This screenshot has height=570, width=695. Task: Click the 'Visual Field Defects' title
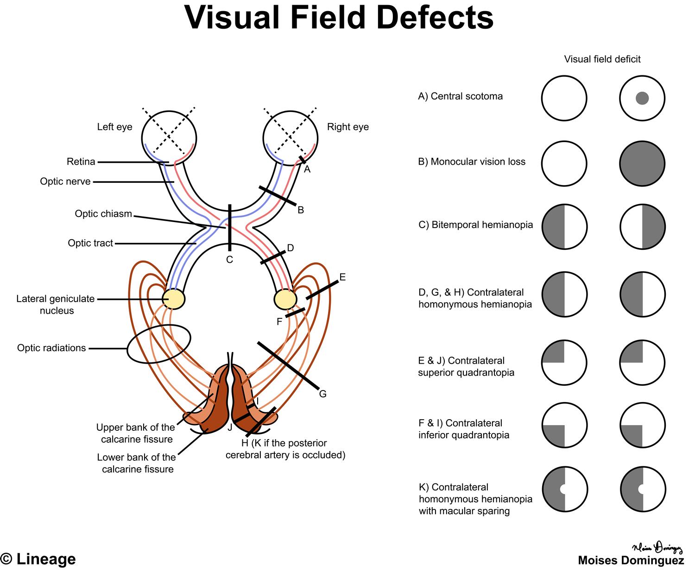coord(339,19)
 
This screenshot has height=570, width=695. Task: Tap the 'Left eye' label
coord(114,127)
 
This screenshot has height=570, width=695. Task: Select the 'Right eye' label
coord(347,127)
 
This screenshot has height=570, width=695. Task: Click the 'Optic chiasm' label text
coord(103,214)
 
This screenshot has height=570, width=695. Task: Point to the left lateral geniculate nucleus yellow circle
coord(174,299)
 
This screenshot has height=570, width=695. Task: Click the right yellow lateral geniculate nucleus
coord(285,299)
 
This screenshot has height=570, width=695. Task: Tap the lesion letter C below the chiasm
coord(229,260)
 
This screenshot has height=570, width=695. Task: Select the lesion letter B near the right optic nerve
coord(301,210)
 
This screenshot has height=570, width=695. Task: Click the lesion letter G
coord(322,394)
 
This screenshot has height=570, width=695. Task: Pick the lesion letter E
coord(342,277)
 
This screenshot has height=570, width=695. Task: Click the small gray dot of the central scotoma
coord(642,98)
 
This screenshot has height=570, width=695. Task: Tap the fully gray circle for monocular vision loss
coord(642,164)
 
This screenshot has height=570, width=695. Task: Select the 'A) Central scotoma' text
coord(460,96)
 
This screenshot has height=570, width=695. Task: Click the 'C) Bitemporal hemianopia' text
coord(475,225)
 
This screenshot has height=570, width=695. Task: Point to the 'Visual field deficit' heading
coord(602,59)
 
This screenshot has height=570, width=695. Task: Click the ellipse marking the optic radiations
coord(159,344)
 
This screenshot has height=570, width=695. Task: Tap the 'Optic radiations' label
coord(51,348)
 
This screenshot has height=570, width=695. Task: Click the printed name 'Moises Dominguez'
coord(631,561)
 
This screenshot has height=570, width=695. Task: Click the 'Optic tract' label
coord(90,243)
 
